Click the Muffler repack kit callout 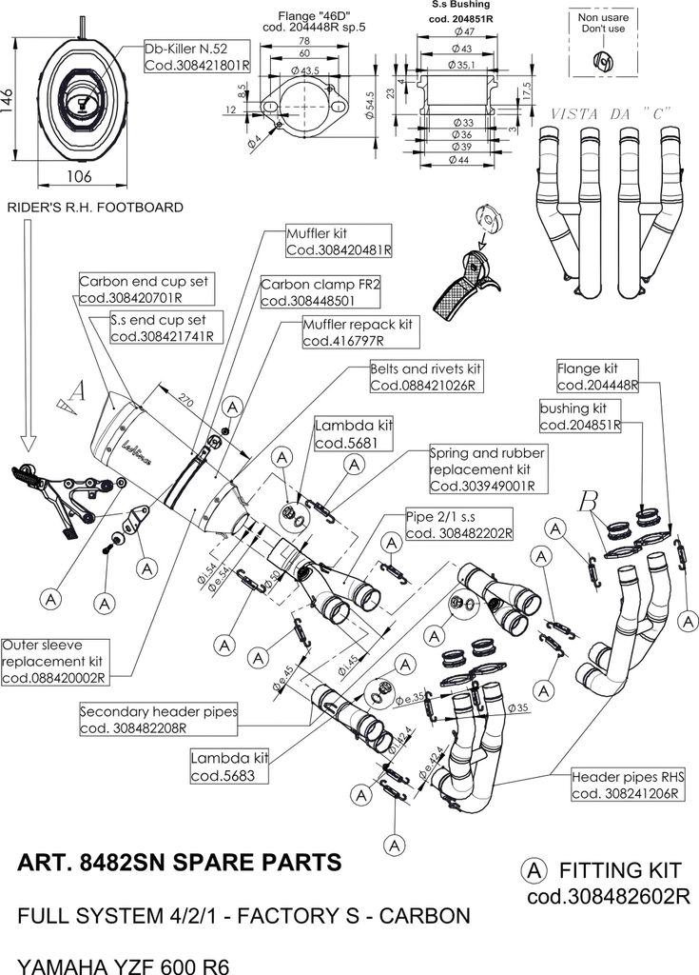[x=359, y=332]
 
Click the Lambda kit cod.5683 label [x=230, y=766]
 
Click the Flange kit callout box [x=597, y=377]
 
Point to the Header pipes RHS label [x=624, y=786]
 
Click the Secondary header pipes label [x=159, y=719]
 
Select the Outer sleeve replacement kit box [x=55, y=662]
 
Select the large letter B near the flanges [x=590, y=499]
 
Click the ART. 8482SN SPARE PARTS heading [x=179, y=864]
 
